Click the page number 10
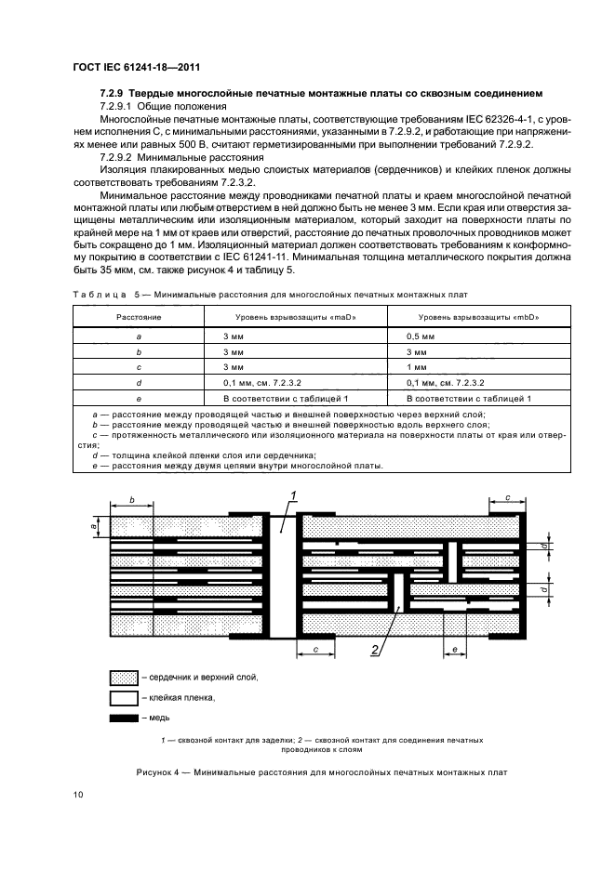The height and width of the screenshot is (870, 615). pyautogui.click(x=78, y=795)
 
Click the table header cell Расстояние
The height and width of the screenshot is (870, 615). pyautogui.click(x=138, y=317)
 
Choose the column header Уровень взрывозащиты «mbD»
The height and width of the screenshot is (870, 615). pyautogui.click(x=475, y=317)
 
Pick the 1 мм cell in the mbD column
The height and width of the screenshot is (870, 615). pyautogui.click(x=416, y=366)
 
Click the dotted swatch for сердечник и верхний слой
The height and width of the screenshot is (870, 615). pyautogui.click(x=124, y=677)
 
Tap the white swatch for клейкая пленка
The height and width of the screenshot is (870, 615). pyautogui.click(x=124, y=697)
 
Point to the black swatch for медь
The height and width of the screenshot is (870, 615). pyautogui.click(x=124, y=718)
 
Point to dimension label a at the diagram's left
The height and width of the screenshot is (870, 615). pyautogui.click(x=94, y=527)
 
